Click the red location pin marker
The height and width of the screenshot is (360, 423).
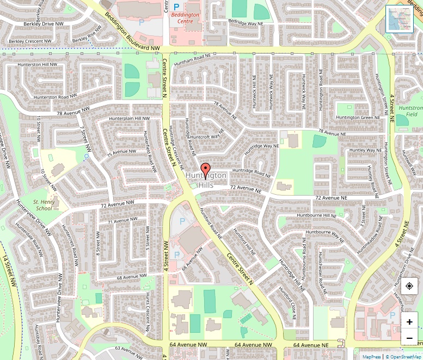tap(205, 169)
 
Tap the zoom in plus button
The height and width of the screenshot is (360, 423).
tap(409, 322)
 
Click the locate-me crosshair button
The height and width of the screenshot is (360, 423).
tap(409, 286)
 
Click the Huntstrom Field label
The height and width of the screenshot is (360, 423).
tap(411, 111)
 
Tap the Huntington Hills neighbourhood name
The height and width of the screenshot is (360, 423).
tap(206, 181)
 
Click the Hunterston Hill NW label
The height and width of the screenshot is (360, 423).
tap(38, 65)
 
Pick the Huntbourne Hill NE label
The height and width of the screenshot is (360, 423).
tap(316, 216)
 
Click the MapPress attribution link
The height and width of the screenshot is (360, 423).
tap(372, 357)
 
